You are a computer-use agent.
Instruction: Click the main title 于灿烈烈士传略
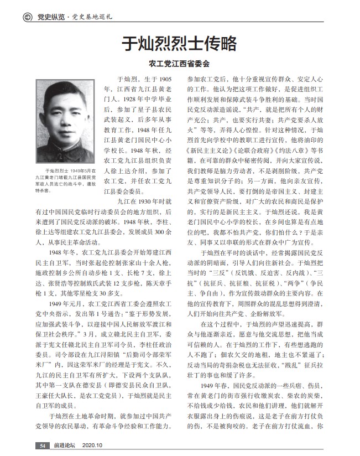(180, 43)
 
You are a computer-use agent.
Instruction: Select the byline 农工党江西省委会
(180, 63)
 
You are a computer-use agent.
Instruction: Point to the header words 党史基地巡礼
(91, 17)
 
